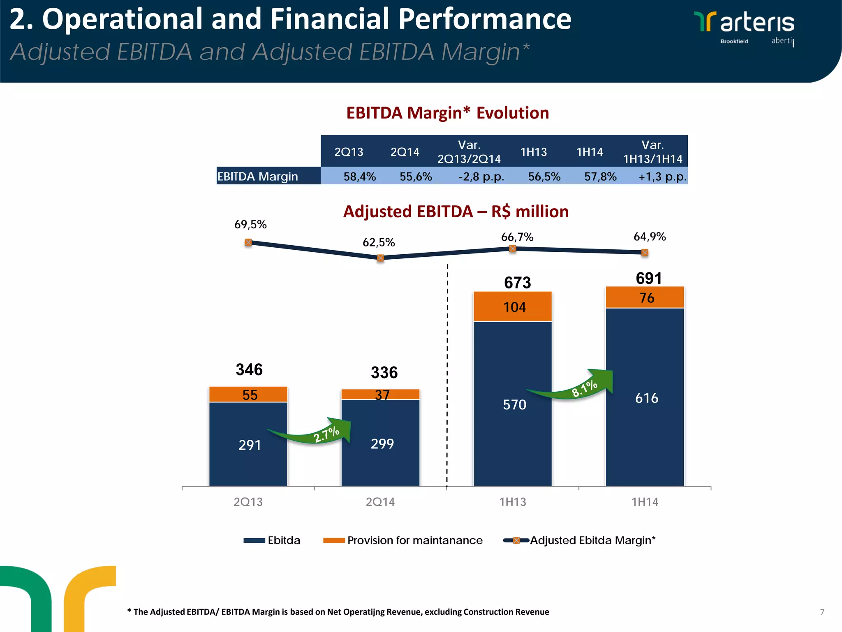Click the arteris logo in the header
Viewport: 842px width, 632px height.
(x=744, y=27)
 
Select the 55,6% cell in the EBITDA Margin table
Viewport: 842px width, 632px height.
(x=415, y=177)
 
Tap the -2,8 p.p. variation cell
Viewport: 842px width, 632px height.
(x=481, y=177)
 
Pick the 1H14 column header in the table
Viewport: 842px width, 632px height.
(x=589, y=152)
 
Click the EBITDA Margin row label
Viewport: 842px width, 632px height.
(x=258, y=177)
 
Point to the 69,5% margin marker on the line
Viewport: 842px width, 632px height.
(x=248, y=242)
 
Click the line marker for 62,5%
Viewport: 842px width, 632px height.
(x=380, y=258)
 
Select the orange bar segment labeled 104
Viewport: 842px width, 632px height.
(x=512, y=307)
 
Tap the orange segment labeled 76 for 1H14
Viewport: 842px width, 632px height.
(x=645, y=297)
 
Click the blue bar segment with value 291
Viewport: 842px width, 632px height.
(x=248, y=444)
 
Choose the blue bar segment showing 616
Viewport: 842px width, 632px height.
(x=645, y=397)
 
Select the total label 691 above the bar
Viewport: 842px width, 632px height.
(x=649, y=278)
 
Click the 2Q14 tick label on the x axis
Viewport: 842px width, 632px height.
(x=380, y=502)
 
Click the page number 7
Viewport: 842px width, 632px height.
(x=822, y=612)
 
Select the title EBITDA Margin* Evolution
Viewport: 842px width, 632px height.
(x=447, y=113)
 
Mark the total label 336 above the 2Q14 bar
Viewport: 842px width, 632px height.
(x=384, y=372)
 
